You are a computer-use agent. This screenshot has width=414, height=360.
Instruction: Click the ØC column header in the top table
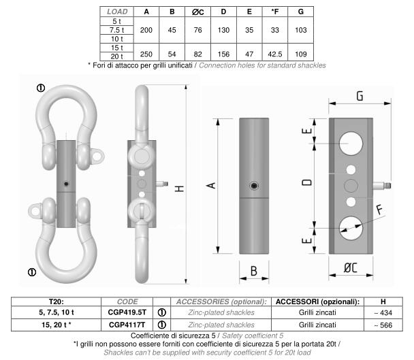197,12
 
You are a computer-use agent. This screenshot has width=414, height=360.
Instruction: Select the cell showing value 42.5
275,54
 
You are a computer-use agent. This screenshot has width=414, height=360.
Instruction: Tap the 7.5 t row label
116,30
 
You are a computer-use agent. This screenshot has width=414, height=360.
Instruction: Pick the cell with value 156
223,54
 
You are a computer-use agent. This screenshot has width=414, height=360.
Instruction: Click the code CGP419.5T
127,312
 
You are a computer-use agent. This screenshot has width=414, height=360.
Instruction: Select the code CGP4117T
127,325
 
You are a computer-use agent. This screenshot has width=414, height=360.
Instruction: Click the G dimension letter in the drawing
360,96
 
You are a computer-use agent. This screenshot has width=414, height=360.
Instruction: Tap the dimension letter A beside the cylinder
211,186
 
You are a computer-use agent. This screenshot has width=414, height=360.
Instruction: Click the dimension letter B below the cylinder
254,271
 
